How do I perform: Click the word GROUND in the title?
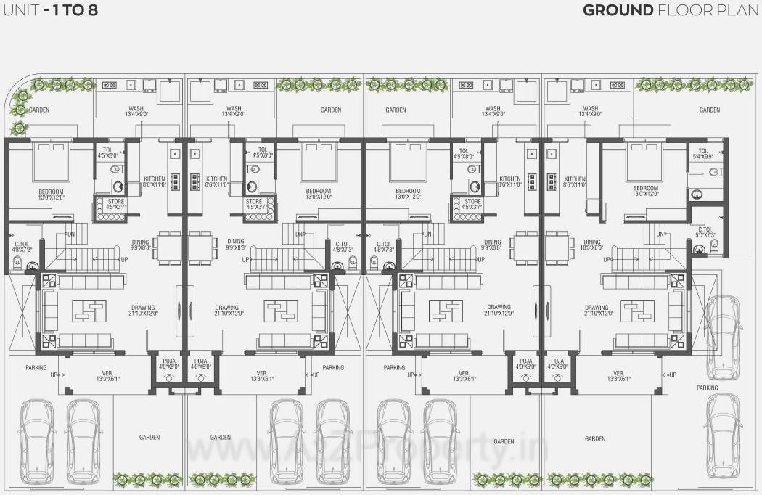[x=618, y=10]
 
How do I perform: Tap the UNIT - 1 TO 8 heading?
[x=50, y=10]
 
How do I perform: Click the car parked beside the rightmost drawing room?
[x=724, y=333]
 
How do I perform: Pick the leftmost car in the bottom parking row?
[x=36, y=441]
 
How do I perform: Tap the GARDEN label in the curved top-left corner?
[x=39, y=110]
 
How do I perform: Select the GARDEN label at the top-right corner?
[x=709, y=110]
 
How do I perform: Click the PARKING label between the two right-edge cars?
[x=707, y=388]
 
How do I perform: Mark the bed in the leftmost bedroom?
[x=50, y=161]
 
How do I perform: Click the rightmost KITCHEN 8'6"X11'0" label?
[x=575, y=182]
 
